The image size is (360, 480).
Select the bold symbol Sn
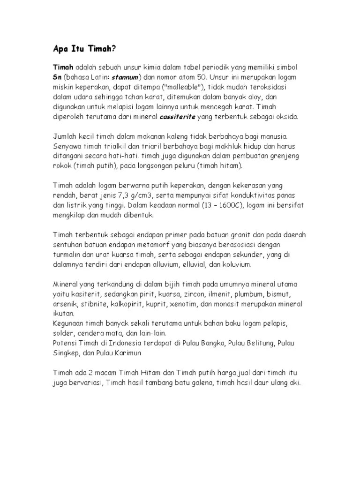pos(57,76)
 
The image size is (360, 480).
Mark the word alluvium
pos(163,265)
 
